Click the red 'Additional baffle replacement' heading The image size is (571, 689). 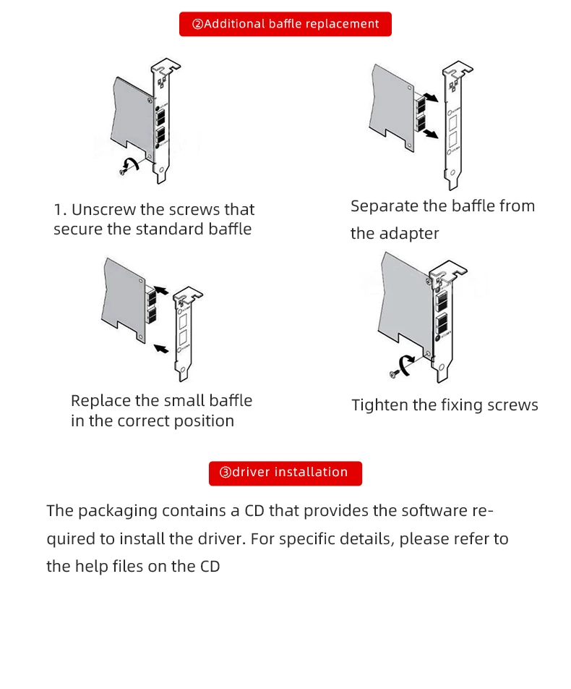point(285,24)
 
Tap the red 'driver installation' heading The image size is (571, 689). point(285,473)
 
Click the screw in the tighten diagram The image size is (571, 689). point(394,373)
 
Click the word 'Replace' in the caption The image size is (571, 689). point(100,401)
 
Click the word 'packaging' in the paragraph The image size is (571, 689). point(117,511)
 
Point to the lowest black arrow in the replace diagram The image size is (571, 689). point(162,349)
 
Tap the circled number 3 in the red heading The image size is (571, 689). point(226,473)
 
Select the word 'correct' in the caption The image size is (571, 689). point(145,421)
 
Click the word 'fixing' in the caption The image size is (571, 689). point(463,405)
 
